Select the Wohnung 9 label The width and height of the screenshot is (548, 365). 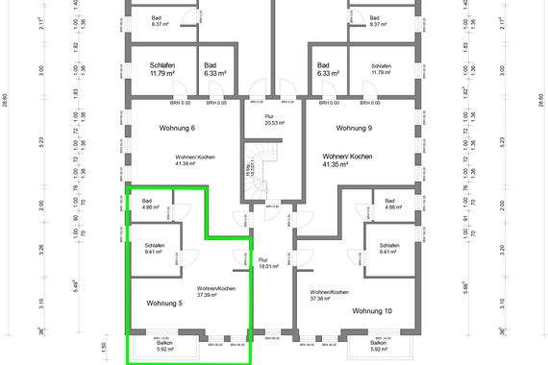(x=354, y=128)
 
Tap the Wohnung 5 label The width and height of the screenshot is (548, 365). (x=164, y=304)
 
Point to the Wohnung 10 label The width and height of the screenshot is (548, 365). (x=371, y=310)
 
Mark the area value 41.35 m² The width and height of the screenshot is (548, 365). (x=348, y=164)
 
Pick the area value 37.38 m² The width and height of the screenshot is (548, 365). (x=329, y=299)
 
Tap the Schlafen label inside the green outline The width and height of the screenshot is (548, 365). (x=154, y=246)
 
